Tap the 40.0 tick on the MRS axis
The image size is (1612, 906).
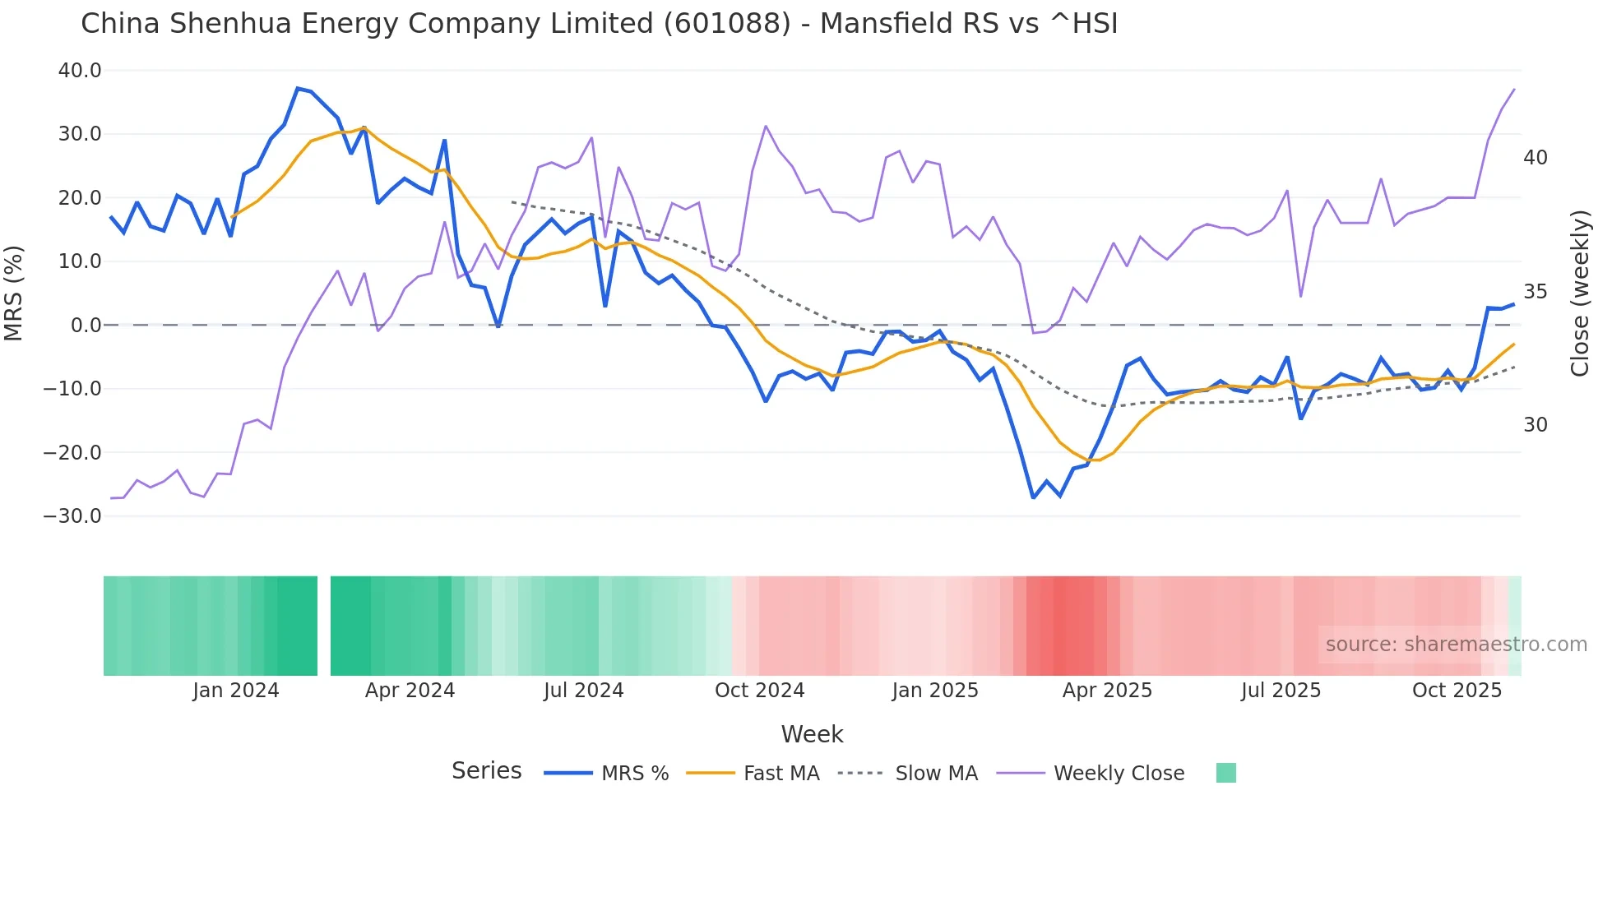click(x=80, y=71)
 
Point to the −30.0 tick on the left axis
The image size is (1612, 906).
click(x=72, y=516)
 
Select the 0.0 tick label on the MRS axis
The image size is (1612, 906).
click(x=86, y=326)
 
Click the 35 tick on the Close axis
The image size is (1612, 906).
click(x=1535, y=292)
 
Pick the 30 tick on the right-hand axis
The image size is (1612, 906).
click(x=1535, y=425)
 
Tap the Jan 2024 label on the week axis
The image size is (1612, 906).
click(x=236, y=691)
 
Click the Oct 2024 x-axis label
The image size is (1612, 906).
click(x=759, y=691)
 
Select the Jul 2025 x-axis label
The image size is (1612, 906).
click(x=1281, y=691)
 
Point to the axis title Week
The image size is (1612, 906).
click(x=812, y=734)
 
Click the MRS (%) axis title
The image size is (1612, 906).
click(x=14, y=293)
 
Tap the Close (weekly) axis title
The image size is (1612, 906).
click(x=1579, y=294)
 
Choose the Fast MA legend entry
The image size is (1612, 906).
click(x=781, y=774)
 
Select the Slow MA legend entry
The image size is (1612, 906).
click(x=936, y=774)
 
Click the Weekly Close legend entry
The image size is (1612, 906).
click(x=1119, y=774)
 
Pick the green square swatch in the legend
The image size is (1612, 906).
click(x=1225, y=773)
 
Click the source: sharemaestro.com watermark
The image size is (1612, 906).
click(x=1456, y=645)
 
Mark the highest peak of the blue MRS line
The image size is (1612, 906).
click(x=298, y=88)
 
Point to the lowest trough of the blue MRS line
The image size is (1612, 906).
click(x=1034, y=497)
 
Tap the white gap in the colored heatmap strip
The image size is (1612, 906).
click(x=324, y=626)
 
